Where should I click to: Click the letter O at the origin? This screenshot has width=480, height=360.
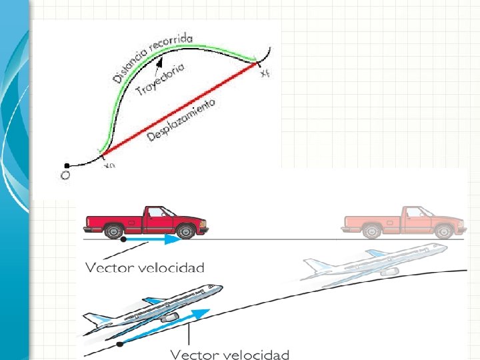[x=65, y=177]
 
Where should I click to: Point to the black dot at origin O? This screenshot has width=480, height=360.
[x=66, y=165]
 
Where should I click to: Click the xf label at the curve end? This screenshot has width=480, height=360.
[x=266, y=74]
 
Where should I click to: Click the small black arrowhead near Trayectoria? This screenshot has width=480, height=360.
[x=159, y=63]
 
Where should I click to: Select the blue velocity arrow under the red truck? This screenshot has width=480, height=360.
[x=153, y=238]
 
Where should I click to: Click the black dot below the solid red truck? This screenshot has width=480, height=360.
[x=124, y=238]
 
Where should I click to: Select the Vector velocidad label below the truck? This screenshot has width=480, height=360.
[x=145, y=267]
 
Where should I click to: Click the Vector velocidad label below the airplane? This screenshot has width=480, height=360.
[x=229, y=353]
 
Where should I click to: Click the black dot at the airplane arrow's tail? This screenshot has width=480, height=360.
[x=119, y=344]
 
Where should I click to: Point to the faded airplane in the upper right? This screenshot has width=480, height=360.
[x=373, y=261]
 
